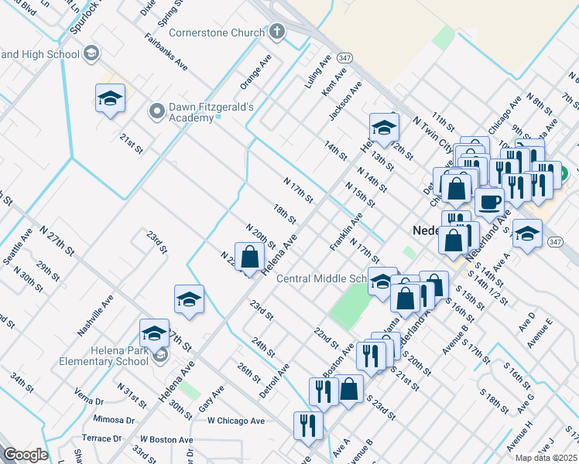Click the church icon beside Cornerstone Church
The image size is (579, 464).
277,32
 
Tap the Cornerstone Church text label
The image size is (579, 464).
217,32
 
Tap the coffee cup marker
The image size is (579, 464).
489,203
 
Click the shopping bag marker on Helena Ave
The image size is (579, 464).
250,258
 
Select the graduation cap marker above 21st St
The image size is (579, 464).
110,99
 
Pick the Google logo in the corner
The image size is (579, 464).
26,455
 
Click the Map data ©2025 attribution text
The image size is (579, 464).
546,458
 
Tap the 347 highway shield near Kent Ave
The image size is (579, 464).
344,58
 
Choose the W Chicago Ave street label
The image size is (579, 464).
236,421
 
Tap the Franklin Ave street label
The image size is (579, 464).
345,232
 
